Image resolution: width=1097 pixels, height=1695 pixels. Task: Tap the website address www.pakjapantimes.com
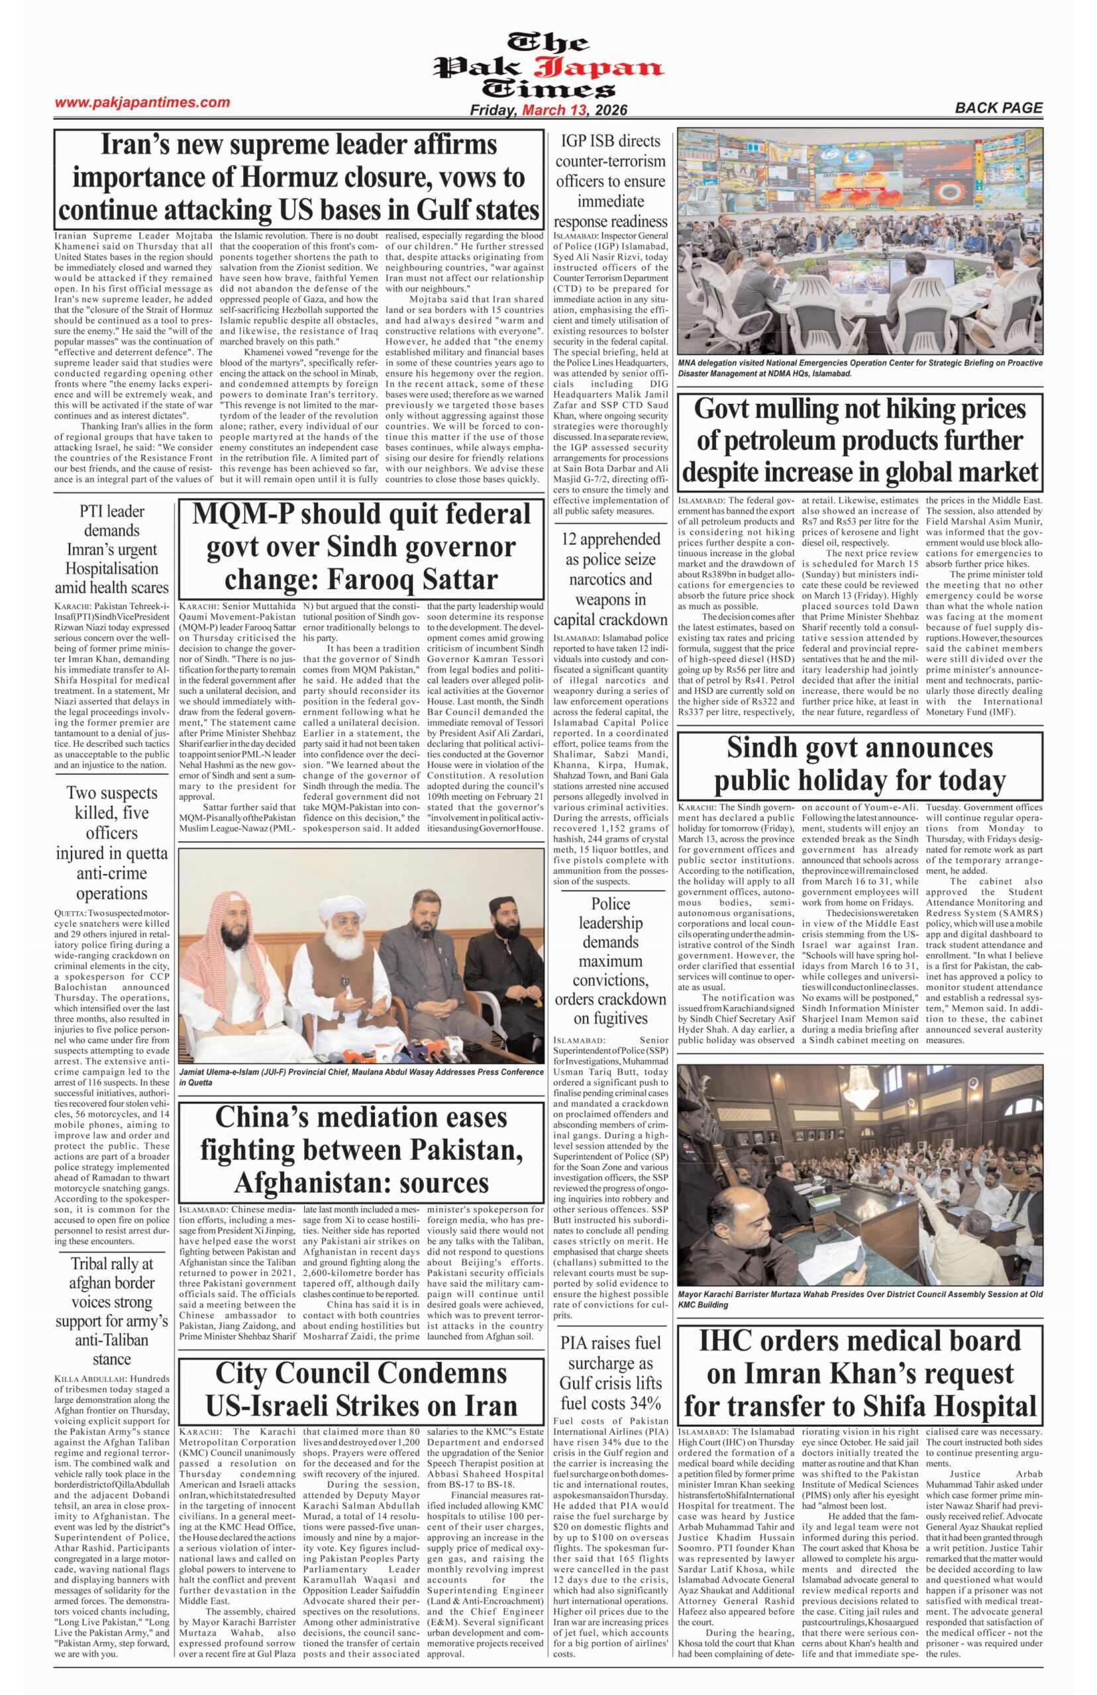[142, 103]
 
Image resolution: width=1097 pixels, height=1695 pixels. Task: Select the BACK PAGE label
[998, 108]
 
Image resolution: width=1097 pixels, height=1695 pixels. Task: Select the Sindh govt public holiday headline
[859, 764]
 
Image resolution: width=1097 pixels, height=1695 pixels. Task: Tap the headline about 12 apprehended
[611, 579]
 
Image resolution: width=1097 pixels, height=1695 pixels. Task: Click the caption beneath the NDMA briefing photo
[859, 367]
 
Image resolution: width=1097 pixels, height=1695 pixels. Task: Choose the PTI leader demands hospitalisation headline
[112, 548]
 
